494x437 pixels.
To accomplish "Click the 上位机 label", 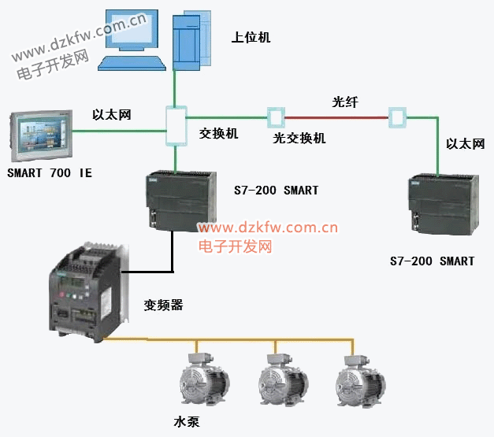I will point(251,37).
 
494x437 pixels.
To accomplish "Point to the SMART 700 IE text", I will point(49,173).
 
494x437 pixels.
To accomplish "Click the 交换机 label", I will point(218,134).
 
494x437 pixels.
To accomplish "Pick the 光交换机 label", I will point(299,139).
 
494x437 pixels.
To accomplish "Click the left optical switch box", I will point(275,118).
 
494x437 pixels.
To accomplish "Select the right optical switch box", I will point(397,118).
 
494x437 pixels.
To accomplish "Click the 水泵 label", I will point(187,421).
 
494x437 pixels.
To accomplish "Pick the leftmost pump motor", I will point(202,383).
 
